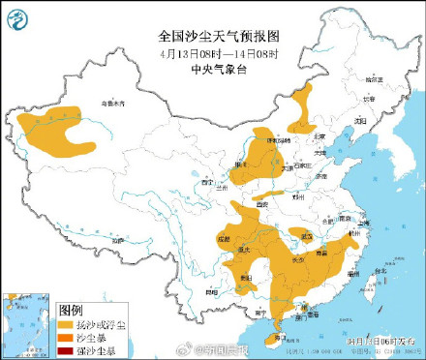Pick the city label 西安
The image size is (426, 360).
coord(260,205)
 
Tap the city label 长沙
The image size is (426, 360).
coord(299,258)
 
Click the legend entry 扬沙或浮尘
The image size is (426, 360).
coord(95,325)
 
